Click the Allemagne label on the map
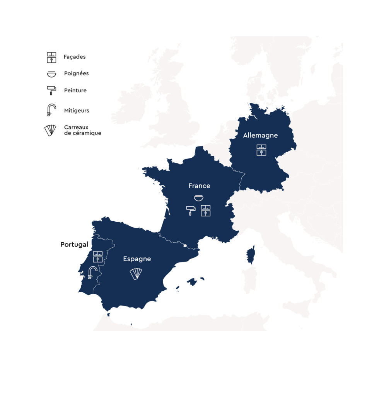(260, 136)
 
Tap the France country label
(199, 186)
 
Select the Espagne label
(137, 259)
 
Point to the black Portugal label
(74, 245)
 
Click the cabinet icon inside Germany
(261, 150)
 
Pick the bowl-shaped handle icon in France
(199, 198)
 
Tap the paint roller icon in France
(191, 210)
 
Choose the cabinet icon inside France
(206, 211)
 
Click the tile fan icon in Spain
(136, 274)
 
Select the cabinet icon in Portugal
(97, 257)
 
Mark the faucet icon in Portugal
(92, 273)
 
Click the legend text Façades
(75, 57)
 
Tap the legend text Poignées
(76, 73)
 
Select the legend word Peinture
(75, 90)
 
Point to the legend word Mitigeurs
(77, 111)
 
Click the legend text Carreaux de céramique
(82, 130)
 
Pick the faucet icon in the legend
(51, 110)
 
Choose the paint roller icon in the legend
(51, 90)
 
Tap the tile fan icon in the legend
(51, 130)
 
